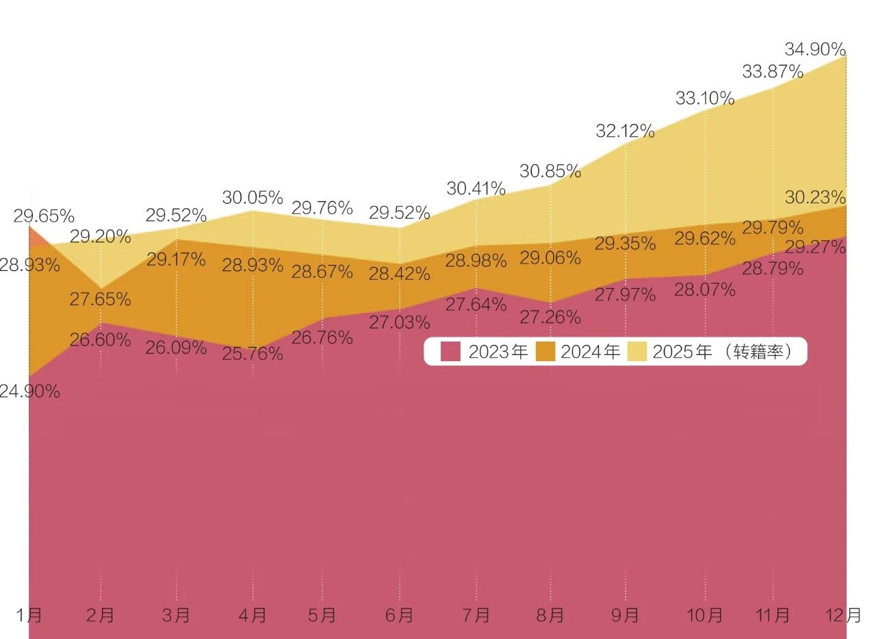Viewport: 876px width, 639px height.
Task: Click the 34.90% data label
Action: [815, 49]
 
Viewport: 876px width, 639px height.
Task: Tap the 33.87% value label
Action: [773, 71]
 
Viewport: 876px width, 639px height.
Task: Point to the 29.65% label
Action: [44, 217]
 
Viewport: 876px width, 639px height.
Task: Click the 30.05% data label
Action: [253, 198]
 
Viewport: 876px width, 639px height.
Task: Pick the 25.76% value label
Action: [253, 354]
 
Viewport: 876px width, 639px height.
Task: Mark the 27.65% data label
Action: [100, 299]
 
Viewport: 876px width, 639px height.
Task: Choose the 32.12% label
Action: [625, 131]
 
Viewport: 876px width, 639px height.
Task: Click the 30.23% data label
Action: [815, 198]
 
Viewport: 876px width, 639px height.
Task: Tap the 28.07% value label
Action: [705, 290]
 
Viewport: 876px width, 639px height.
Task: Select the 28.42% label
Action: [400, 274]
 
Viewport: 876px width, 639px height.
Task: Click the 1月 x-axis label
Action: [29, 615]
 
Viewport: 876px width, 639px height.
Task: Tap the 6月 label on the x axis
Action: [400, 615]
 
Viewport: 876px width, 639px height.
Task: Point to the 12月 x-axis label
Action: [845, 615]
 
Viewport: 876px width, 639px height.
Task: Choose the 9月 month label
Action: [625, 615]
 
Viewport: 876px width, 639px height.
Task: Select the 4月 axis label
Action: [253, 615]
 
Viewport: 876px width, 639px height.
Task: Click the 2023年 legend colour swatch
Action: [450, 352]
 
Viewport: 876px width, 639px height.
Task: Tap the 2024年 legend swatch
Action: [545, 352]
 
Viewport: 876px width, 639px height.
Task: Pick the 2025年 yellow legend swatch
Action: [637, 352]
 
